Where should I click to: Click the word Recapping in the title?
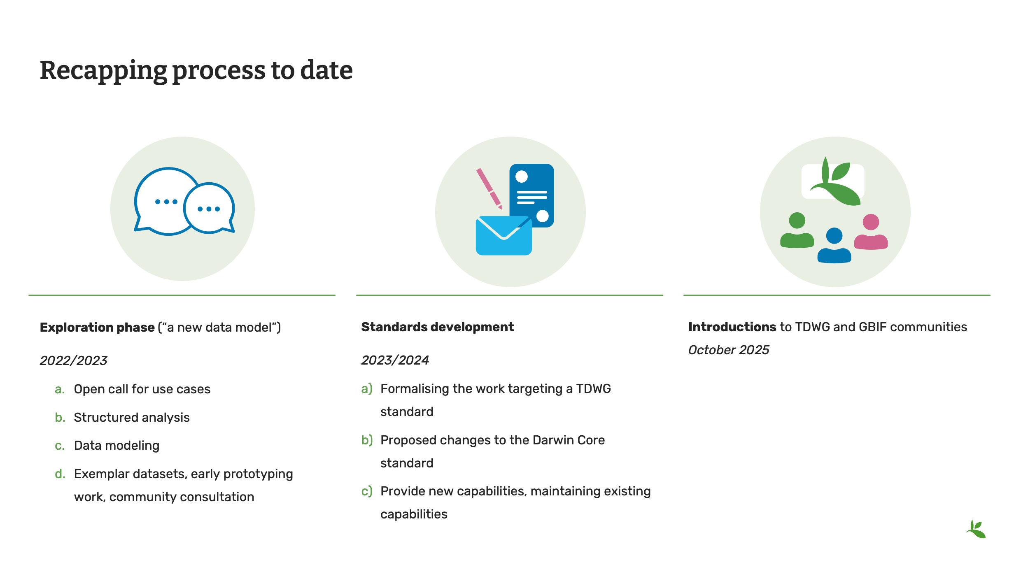(103, 71)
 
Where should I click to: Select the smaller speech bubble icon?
(209, 208)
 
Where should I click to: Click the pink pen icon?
(489, 188)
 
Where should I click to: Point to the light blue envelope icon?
(504, 236)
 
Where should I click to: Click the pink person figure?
(871, 232)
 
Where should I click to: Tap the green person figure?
(797, 230)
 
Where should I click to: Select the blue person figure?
(834, 245)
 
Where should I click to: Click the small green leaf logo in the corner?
(976, 529)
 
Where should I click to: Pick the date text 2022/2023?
(73, 360)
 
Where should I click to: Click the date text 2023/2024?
(395, 360)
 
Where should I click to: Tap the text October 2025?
(729, 350)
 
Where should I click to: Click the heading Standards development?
(438, 327)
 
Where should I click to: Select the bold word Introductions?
(732, 327)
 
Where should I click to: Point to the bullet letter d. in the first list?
(60, 474)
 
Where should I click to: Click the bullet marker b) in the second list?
(367, 440)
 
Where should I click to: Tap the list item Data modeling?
(117, 446)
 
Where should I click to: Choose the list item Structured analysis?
(132, 417)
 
